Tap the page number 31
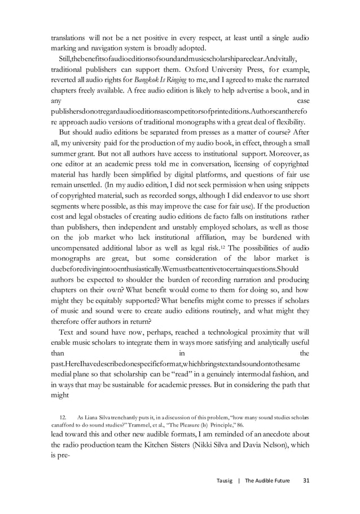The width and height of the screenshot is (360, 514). pos(306,480)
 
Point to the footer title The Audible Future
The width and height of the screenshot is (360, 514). pos(269,480)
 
